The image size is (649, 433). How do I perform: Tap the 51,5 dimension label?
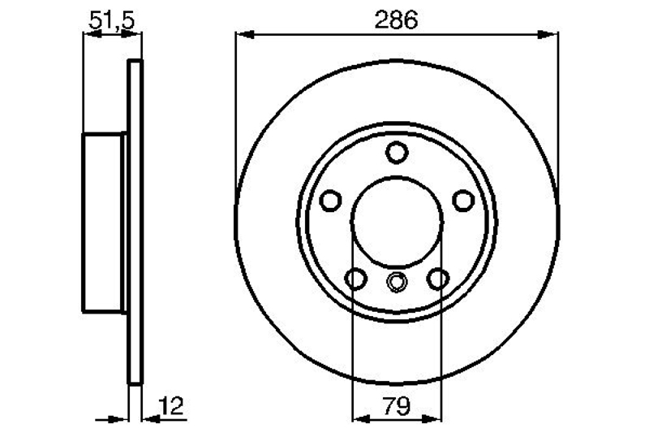112,21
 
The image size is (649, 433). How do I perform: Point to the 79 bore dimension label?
396,406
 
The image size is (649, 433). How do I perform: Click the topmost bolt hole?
397,153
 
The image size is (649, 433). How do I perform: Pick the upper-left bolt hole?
331,201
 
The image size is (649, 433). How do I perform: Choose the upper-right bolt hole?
462,201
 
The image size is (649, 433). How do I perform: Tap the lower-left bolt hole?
355,279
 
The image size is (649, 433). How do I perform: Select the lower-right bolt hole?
438,279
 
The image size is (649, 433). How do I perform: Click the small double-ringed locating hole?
397,282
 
